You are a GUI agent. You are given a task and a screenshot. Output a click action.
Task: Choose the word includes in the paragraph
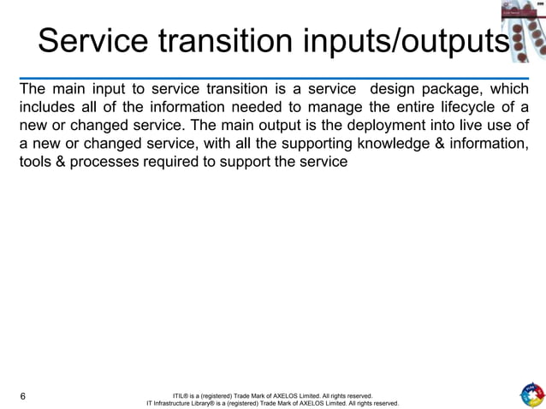47,107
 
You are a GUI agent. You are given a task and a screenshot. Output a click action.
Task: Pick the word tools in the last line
36,161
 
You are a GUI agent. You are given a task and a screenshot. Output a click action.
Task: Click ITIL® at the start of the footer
181,396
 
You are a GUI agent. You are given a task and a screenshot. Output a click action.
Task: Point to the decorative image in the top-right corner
523,31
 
